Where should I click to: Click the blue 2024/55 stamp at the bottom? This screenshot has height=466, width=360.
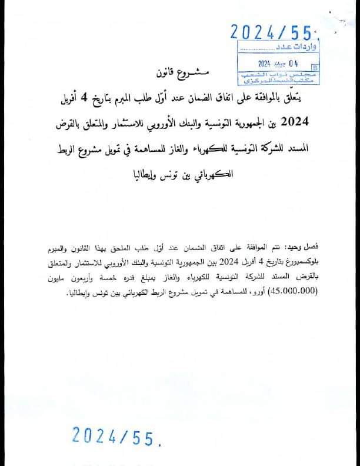[x=115, y=435]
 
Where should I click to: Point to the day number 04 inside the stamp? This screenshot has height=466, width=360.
[x=292, y=64]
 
